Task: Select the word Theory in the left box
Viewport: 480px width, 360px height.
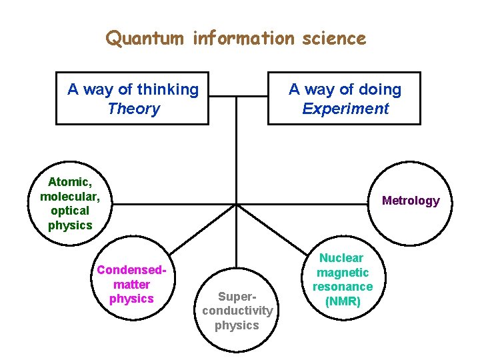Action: tap(133, 109)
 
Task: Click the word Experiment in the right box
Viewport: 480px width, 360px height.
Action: tap(345, 109)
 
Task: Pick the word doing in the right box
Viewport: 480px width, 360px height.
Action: tap(379, 89)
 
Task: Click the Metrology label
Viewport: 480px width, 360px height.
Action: tap(411, 201)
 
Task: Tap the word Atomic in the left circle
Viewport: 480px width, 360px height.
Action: tap(68, 182)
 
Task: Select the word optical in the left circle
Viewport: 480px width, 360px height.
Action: tap(70, 211)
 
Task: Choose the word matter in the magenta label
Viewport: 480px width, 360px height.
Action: tap(132, 285)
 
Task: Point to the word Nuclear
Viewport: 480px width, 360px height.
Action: tap(343, 258)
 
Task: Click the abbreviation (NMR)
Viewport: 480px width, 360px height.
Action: tap(343, 301)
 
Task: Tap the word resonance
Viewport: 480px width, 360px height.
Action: tap(343, 287)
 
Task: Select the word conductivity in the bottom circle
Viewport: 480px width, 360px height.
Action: tap(237, 311)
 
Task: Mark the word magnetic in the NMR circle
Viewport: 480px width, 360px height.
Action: tap(343, 272)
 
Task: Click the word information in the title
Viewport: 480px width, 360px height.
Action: tap(243, 39)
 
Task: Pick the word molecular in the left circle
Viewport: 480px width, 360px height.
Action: tap(70, 197)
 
